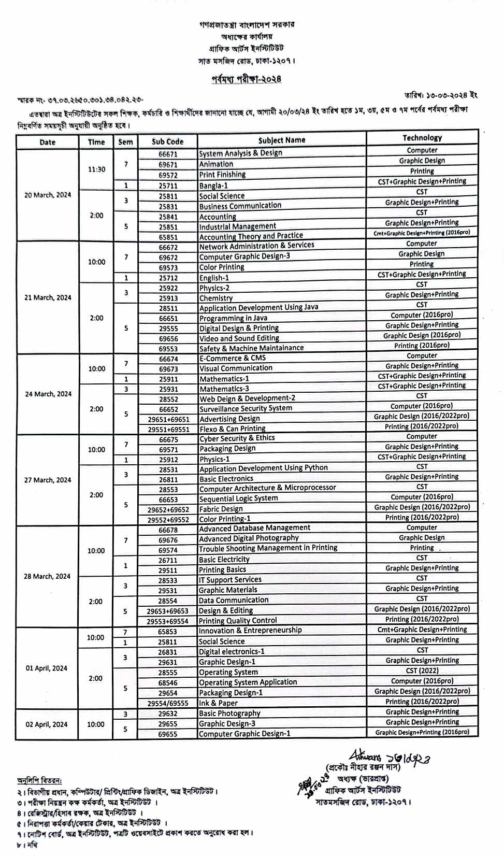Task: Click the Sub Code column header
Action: point(167,141)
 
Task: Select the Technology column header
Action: point(422,138)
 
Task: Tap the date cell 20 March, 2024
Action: point(48,195)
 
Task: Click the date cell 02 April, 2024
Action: point(47,724)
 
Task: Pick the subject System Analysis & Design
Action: point(241,153)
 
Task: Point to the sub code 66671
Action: point(168,154)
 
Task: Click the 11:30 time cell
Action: point(96,169)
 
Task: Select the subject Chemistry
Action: point(216,298)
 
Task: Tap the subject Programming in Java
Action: point(234,318)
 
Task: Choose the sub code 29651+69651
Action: point(168,419)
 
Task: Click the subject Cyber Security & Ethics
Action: point(237,438)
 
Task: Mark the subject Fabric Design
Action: point(221,509)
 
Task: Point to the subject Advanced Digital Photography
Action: point(249,538)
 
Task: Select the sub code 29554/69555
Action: point(168,703)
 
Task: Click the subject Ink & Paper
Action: point(219,703)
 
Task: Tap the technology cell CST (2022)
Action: point(422,670)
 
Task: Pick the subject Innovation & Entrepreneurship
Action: point(250,631)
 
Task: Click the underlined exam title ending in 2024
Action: point(247,79)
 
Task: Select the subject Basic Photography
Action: point(230,714)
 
